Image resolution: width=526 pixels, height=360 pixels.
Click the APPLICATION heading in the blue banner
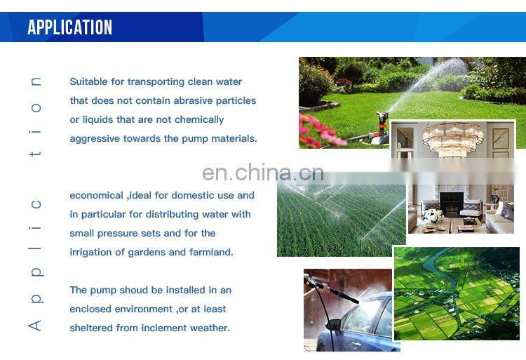69,27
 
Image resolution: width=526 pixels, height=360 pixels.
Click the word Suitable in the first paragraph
88,81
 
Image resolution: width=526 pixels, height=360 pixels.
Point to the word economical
96,195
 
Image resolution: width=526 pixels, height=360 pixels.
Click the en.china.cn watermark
262,172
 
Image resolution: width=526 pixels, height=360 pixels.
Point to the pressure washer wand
337,291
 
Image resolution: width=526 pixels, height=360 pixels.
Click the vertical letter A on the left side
35,326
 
